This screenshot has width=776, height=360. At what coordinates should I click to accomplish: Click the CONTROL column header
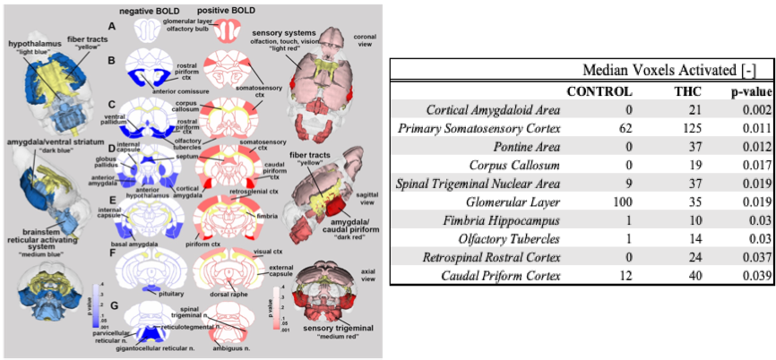(599, 90)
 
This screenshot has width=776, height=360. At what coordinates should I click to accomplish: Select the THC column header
(687, 90)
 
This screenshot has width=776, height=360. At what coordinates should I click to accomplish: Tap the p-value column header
(744, 90)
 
